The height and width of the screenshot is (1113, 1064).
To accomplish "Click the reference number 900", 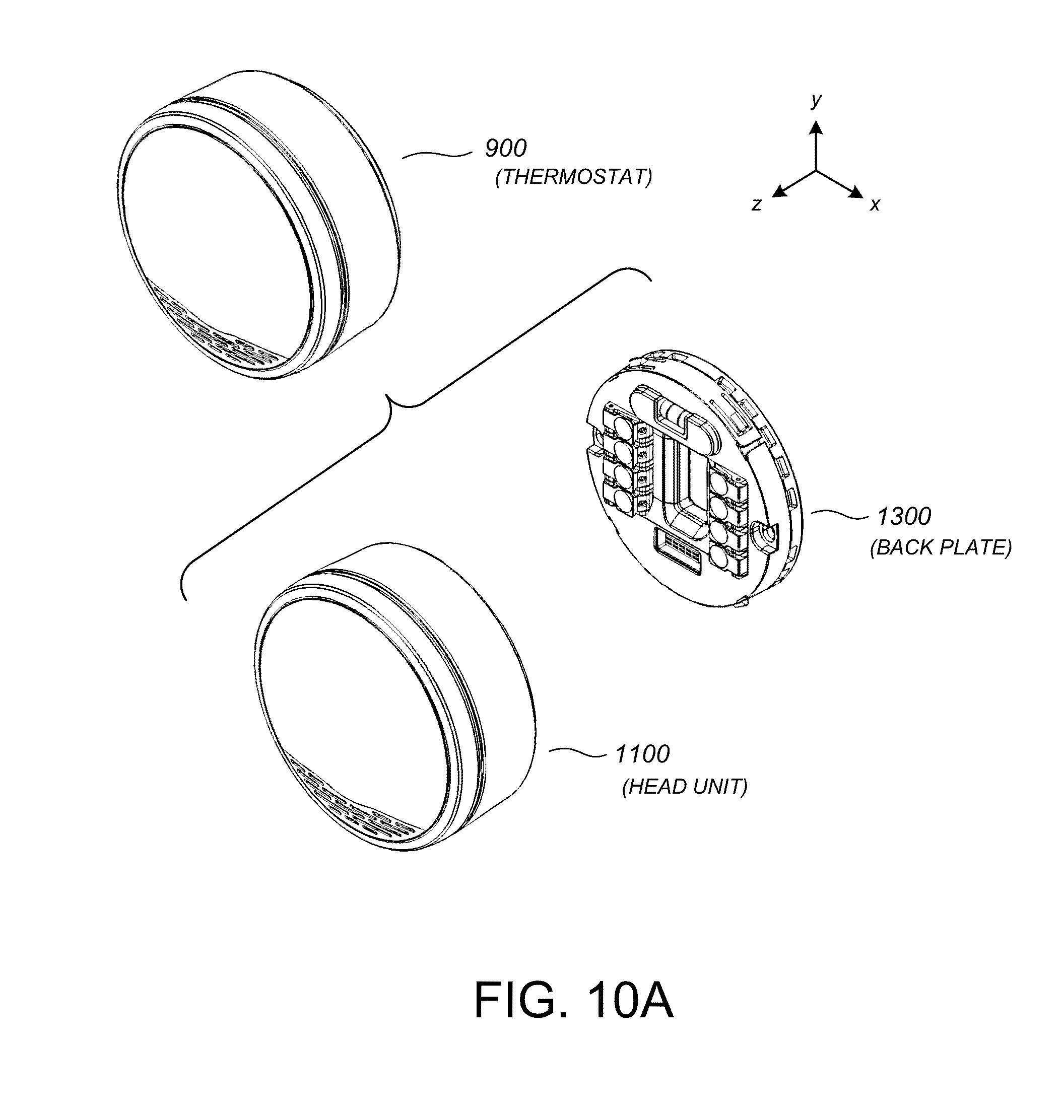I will tap(505, 149).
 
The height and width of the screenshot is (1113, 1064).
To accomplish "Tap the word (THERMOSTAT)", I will tap(573, 177).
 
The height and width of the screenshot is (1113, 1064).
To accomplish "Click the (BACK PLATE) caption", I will tap(941, 548).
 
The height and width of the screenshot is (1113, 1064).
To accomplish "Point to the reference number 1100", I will tap(642, 754).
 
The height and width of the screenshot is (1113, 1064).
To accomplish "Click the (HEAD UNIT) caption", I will tap(685, 787).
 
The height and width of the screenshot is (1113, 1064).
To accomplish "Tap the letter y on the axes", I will tap(816, 100).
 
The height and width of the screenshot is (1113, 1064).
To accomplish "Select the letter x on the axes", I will tap(875, 204).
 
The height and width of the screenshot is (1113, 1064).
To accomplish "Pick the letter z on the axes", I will tap(756, 204).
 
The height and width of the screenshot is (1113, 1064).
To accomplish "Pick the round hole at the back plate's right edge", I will tap(763, 534).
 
